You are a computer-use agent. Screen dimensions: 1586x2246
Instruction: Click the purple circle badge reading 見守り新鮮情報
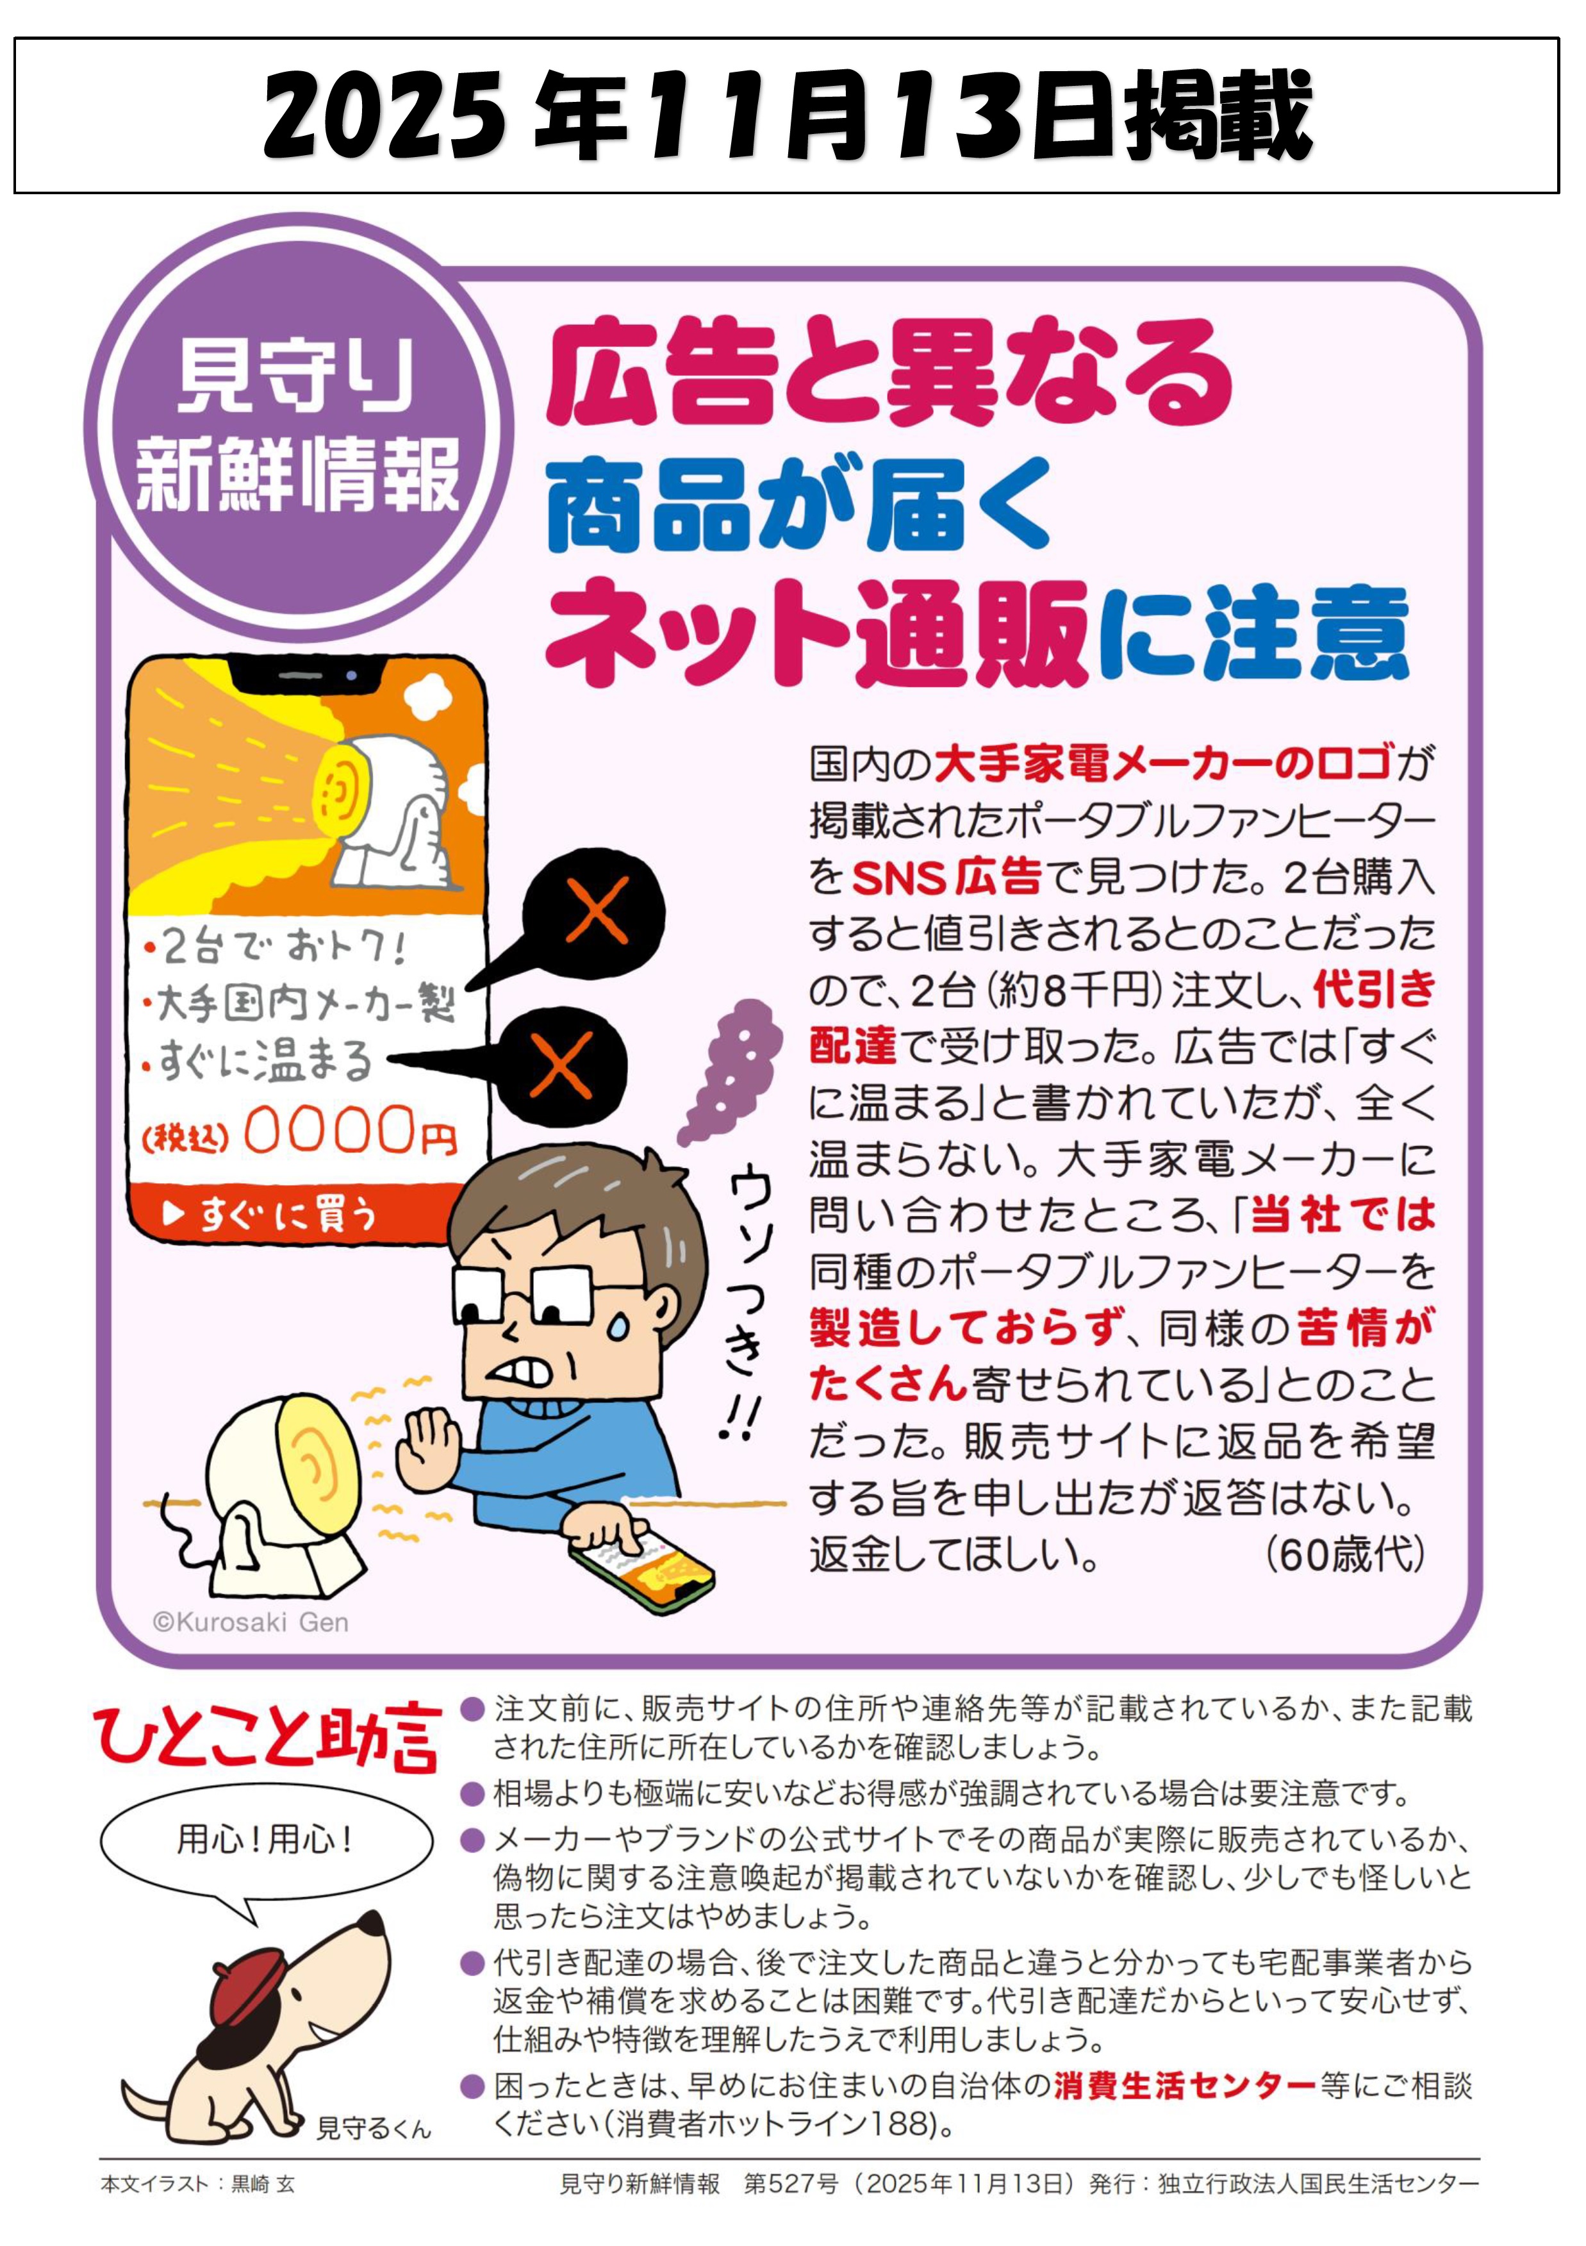pyautogui.click(x=298, y=426)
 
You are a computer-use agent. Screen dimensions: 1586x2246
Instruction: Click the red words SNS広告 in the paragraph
pyautogui.click(x=946, y=876)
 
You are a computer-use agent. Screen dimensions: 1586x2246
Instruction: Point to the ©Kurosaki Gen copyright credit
pyautogui.click(x=251, y=1622)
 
